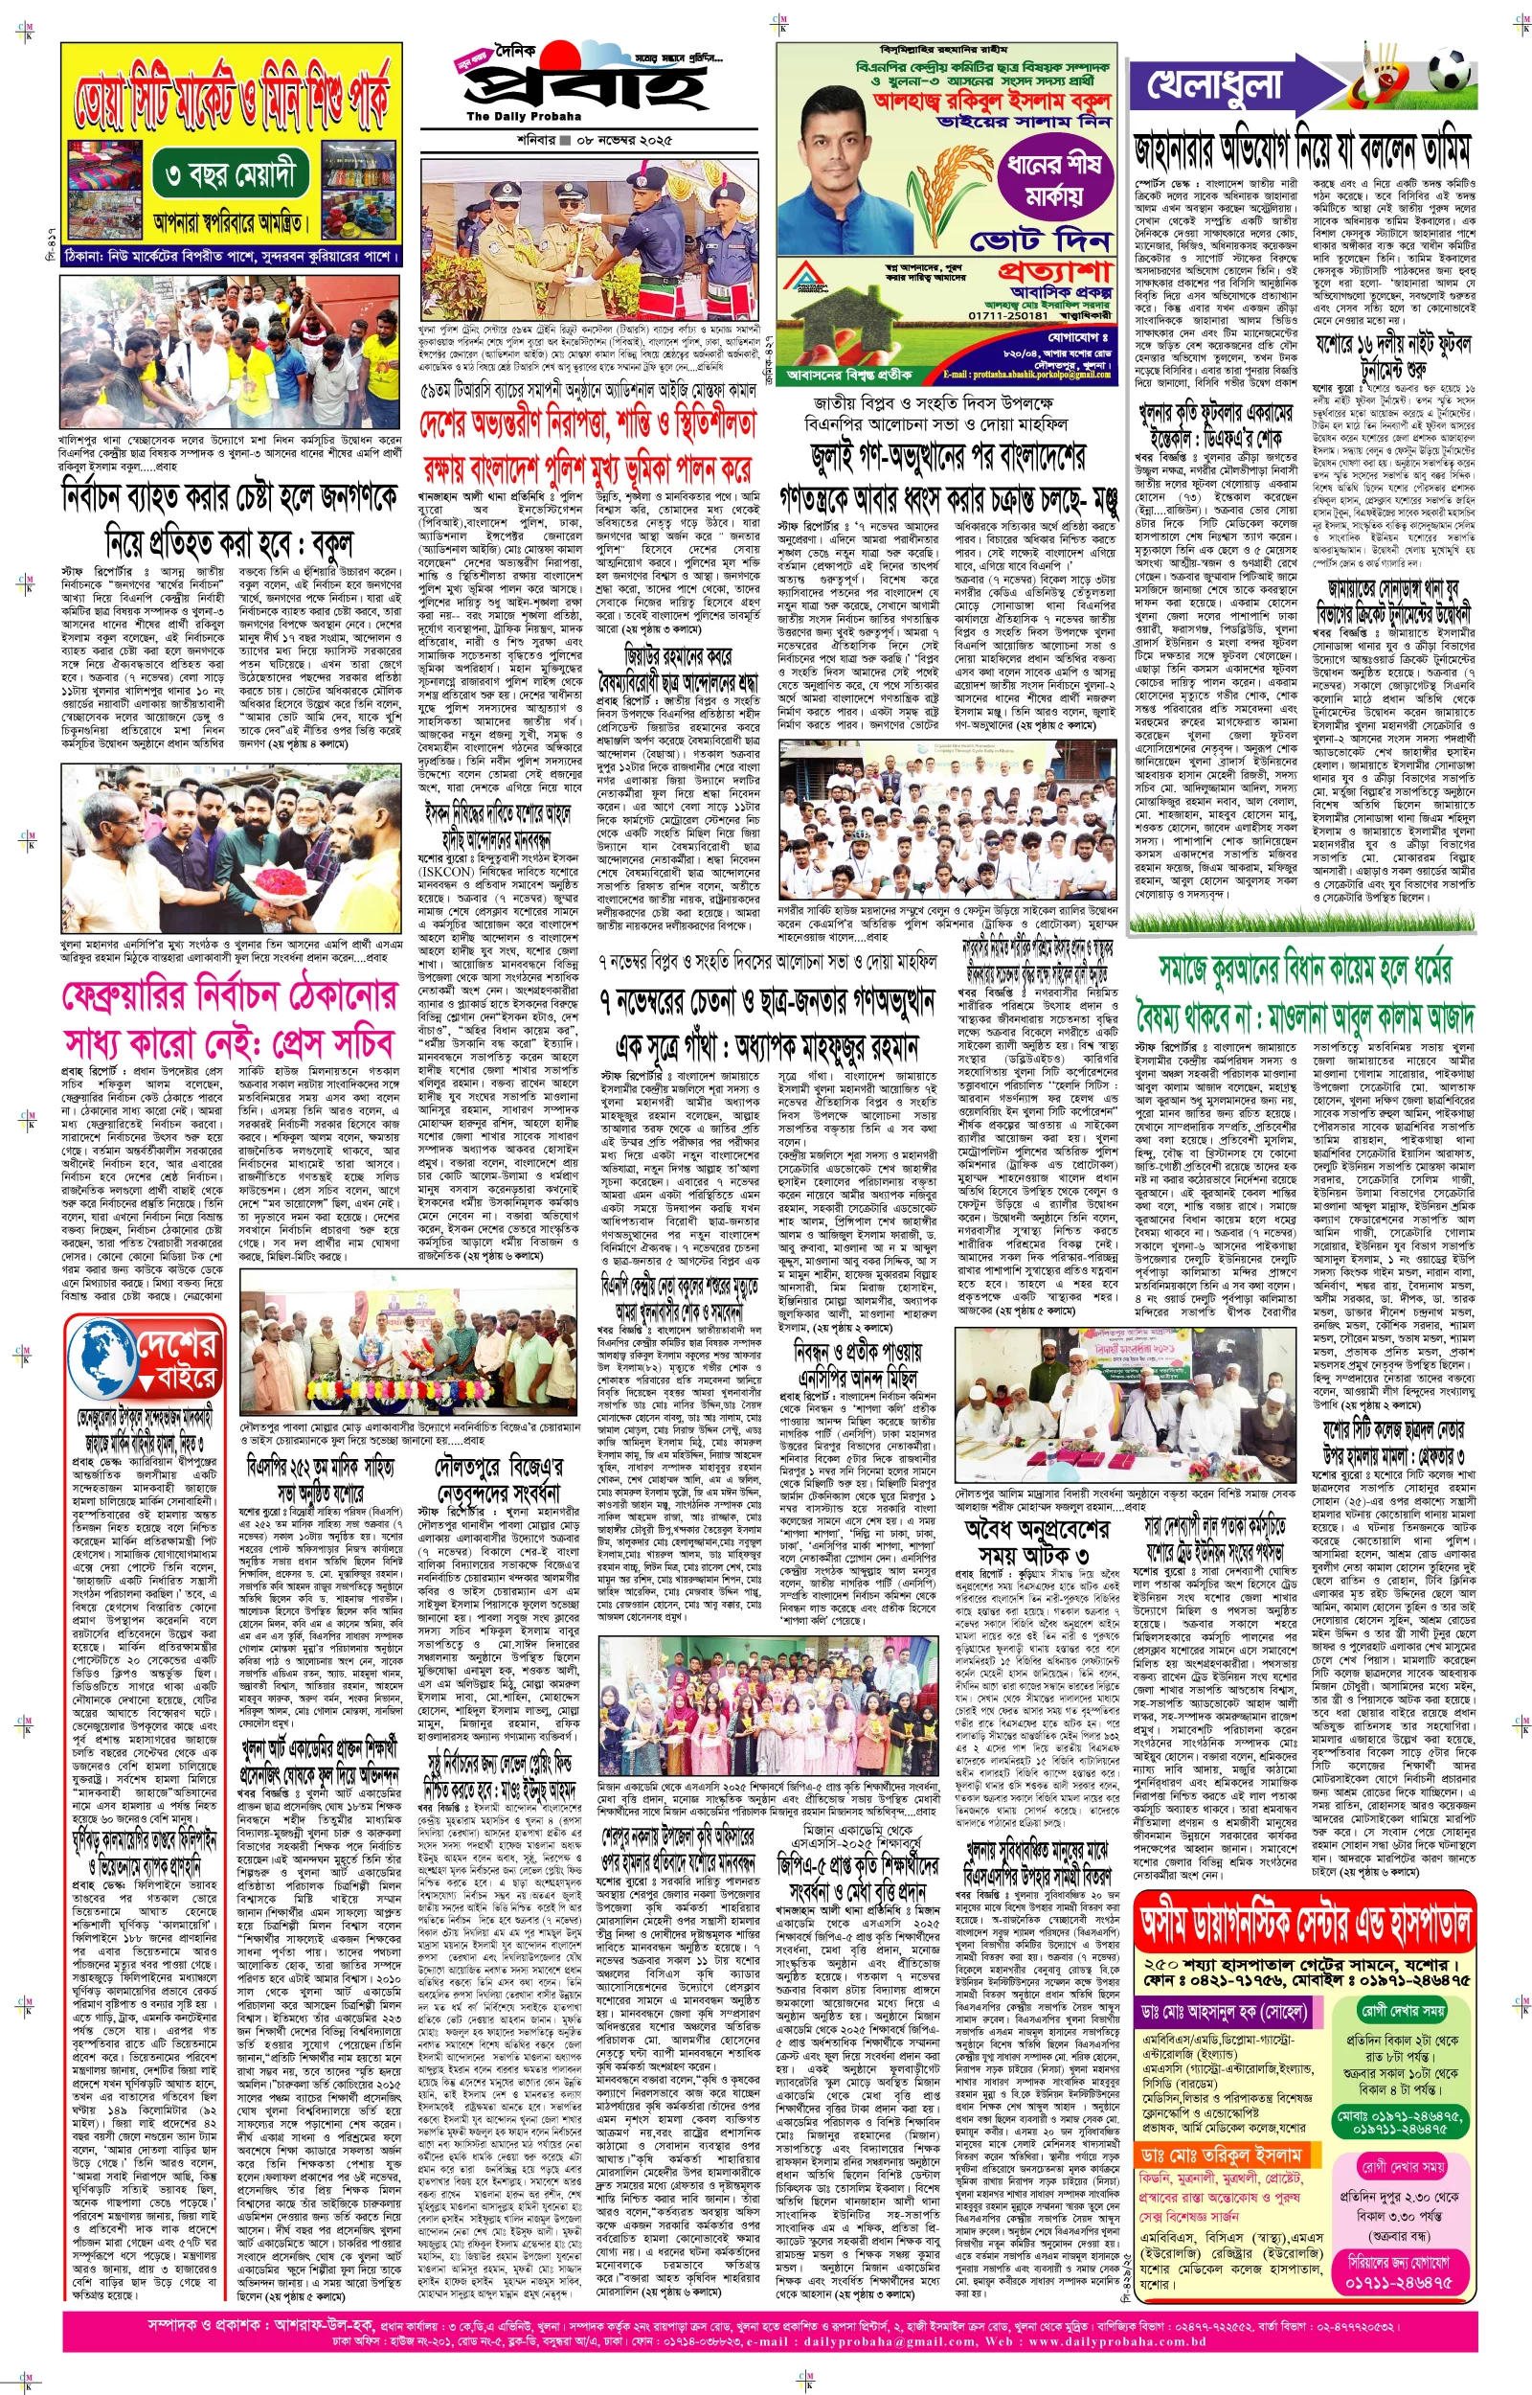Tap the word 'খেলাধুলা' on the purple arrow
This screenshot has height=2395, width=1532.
pyautogui.click(x=1215, y=85)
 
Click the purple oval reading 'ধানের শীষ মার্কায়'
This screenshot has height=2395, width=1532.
pyautogui.click(x=1054, y=179)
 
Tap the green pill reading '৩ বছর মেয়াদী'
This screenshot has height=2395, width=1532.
pyautogui.click(x=232, y=177)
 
